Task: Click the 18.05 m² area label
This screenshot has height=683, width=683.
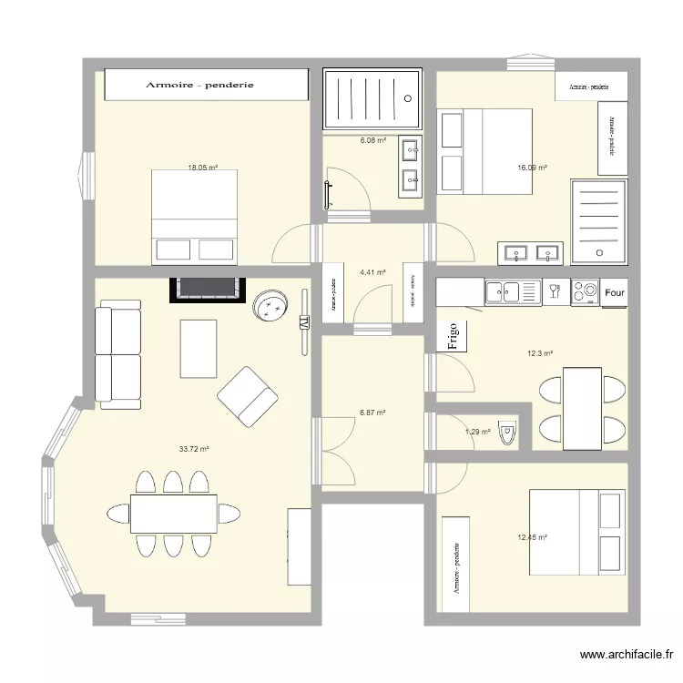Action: click(x=202, y=168)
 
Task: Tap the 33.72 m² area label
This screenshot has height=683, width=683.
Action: click(x=195, y=449)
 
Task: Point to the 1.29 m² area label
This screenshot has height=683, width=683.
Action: click(x=478, y=432)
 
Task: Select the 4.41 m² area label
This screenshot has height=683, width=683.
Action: click(x=372, y=272)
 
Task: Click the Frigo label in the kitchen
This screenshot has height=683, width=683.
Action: click(x=454, y=336)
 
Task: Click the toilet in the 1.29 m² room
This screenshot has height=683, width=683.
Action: click(x=508, y=433)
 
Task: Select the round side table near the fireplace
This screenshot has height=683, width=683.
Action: click(x=270, y=306)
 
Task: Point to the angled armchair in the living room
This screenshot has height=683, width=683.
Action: click(x=248, y=396)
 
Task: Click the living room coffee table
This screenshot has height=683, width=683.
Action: click(x=199, y=348)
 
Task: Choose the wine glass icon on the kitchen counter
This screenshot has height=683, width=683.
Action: click(x=554, y=292)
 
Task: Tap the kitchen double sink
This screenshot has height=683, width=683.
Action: click(x=502, y=292)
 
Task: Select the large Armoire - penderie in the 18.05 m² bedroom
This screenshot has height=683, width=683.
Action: click(x=207, y=85)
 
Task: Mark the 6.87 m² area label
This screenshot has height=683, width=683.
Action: click(x=372, y=413)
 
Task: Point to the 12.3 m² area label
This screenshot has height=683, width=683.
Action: click(x=541, y=353)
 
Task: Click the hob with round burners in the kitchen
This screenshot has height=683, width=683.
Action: click(x=584, y=292)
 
